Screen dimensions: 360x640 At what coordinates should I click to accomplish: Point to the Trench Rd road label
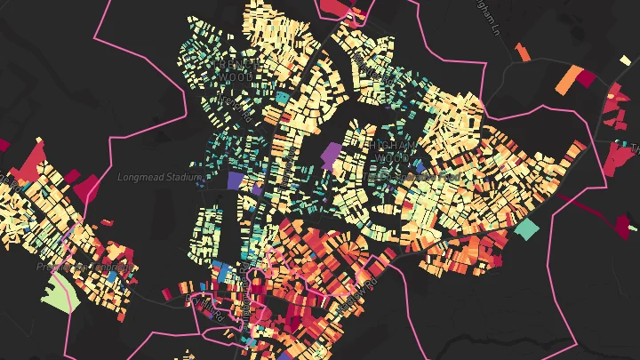click(x=230, y=108)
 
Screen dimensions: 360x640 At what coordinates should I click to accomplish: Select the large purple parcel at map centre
click(x=331, y=156)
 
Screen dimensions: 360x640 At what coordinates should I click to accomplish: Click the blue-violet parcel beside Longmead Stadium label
click(x=236, y=180)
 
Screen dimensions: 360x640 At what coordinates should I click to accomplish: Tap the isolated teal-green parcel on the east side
click(x=527, y=228)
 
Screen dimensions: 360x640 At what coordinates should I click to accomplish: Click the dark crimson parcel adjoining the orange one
click(x=586, y=77)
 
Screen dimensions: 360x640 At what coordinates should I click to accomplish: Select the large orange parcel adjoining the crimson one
click(x=567, y=82)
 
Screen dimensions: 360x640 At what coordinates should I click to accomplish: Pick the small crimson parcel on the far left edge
click(x=4, y=144)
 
